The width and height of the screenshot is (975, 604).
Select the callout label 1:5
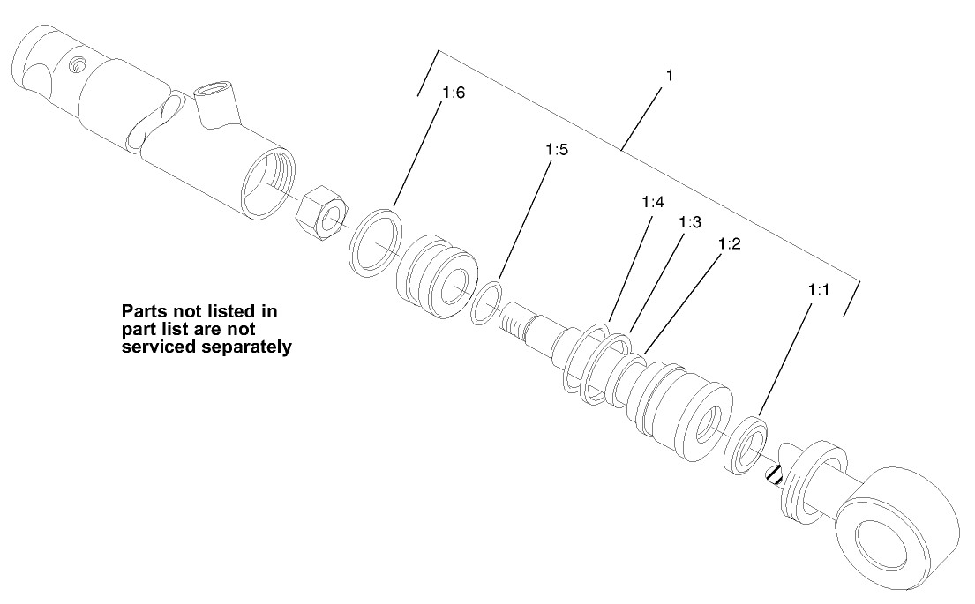click(556, 151)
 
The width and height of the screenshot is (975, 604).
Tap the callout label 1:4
click(652, 203)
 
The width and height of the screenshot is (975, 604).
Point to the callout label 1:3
click(690, 223)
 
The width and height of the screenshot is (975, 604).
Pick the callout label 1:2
click(729, 243)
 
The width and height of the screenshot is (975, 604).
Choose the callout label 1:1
click(819, 288)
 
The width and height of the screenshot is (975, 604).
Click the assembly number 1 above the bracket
click(670, 76)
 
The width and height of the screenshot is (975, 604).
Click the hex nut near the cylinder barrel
click(321, 213)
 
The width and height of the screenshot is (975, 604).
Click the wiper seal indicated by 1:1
click(746, 445)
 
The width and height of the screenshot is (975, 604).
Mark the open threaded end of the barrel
click(266, 183)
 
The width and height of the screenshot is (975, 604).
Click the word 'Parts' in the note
click(143, 312)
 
